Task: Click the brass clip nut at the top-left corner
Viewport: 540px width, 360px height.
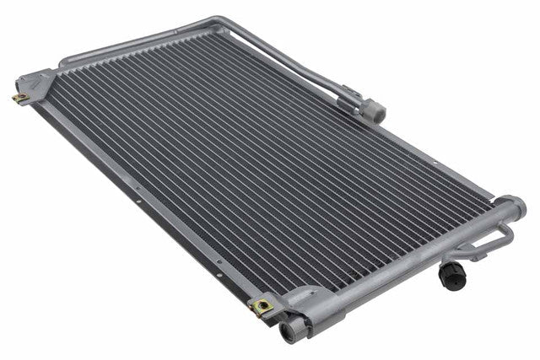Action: point(19,98)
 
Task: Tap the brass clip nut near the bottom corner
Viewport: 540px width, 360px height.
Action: point(263,306)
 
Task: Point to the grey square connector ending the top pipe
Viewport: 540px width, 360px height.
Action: point(373,110)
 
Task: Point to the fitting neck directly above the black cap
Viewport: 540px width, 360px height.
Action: point(454,260)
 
